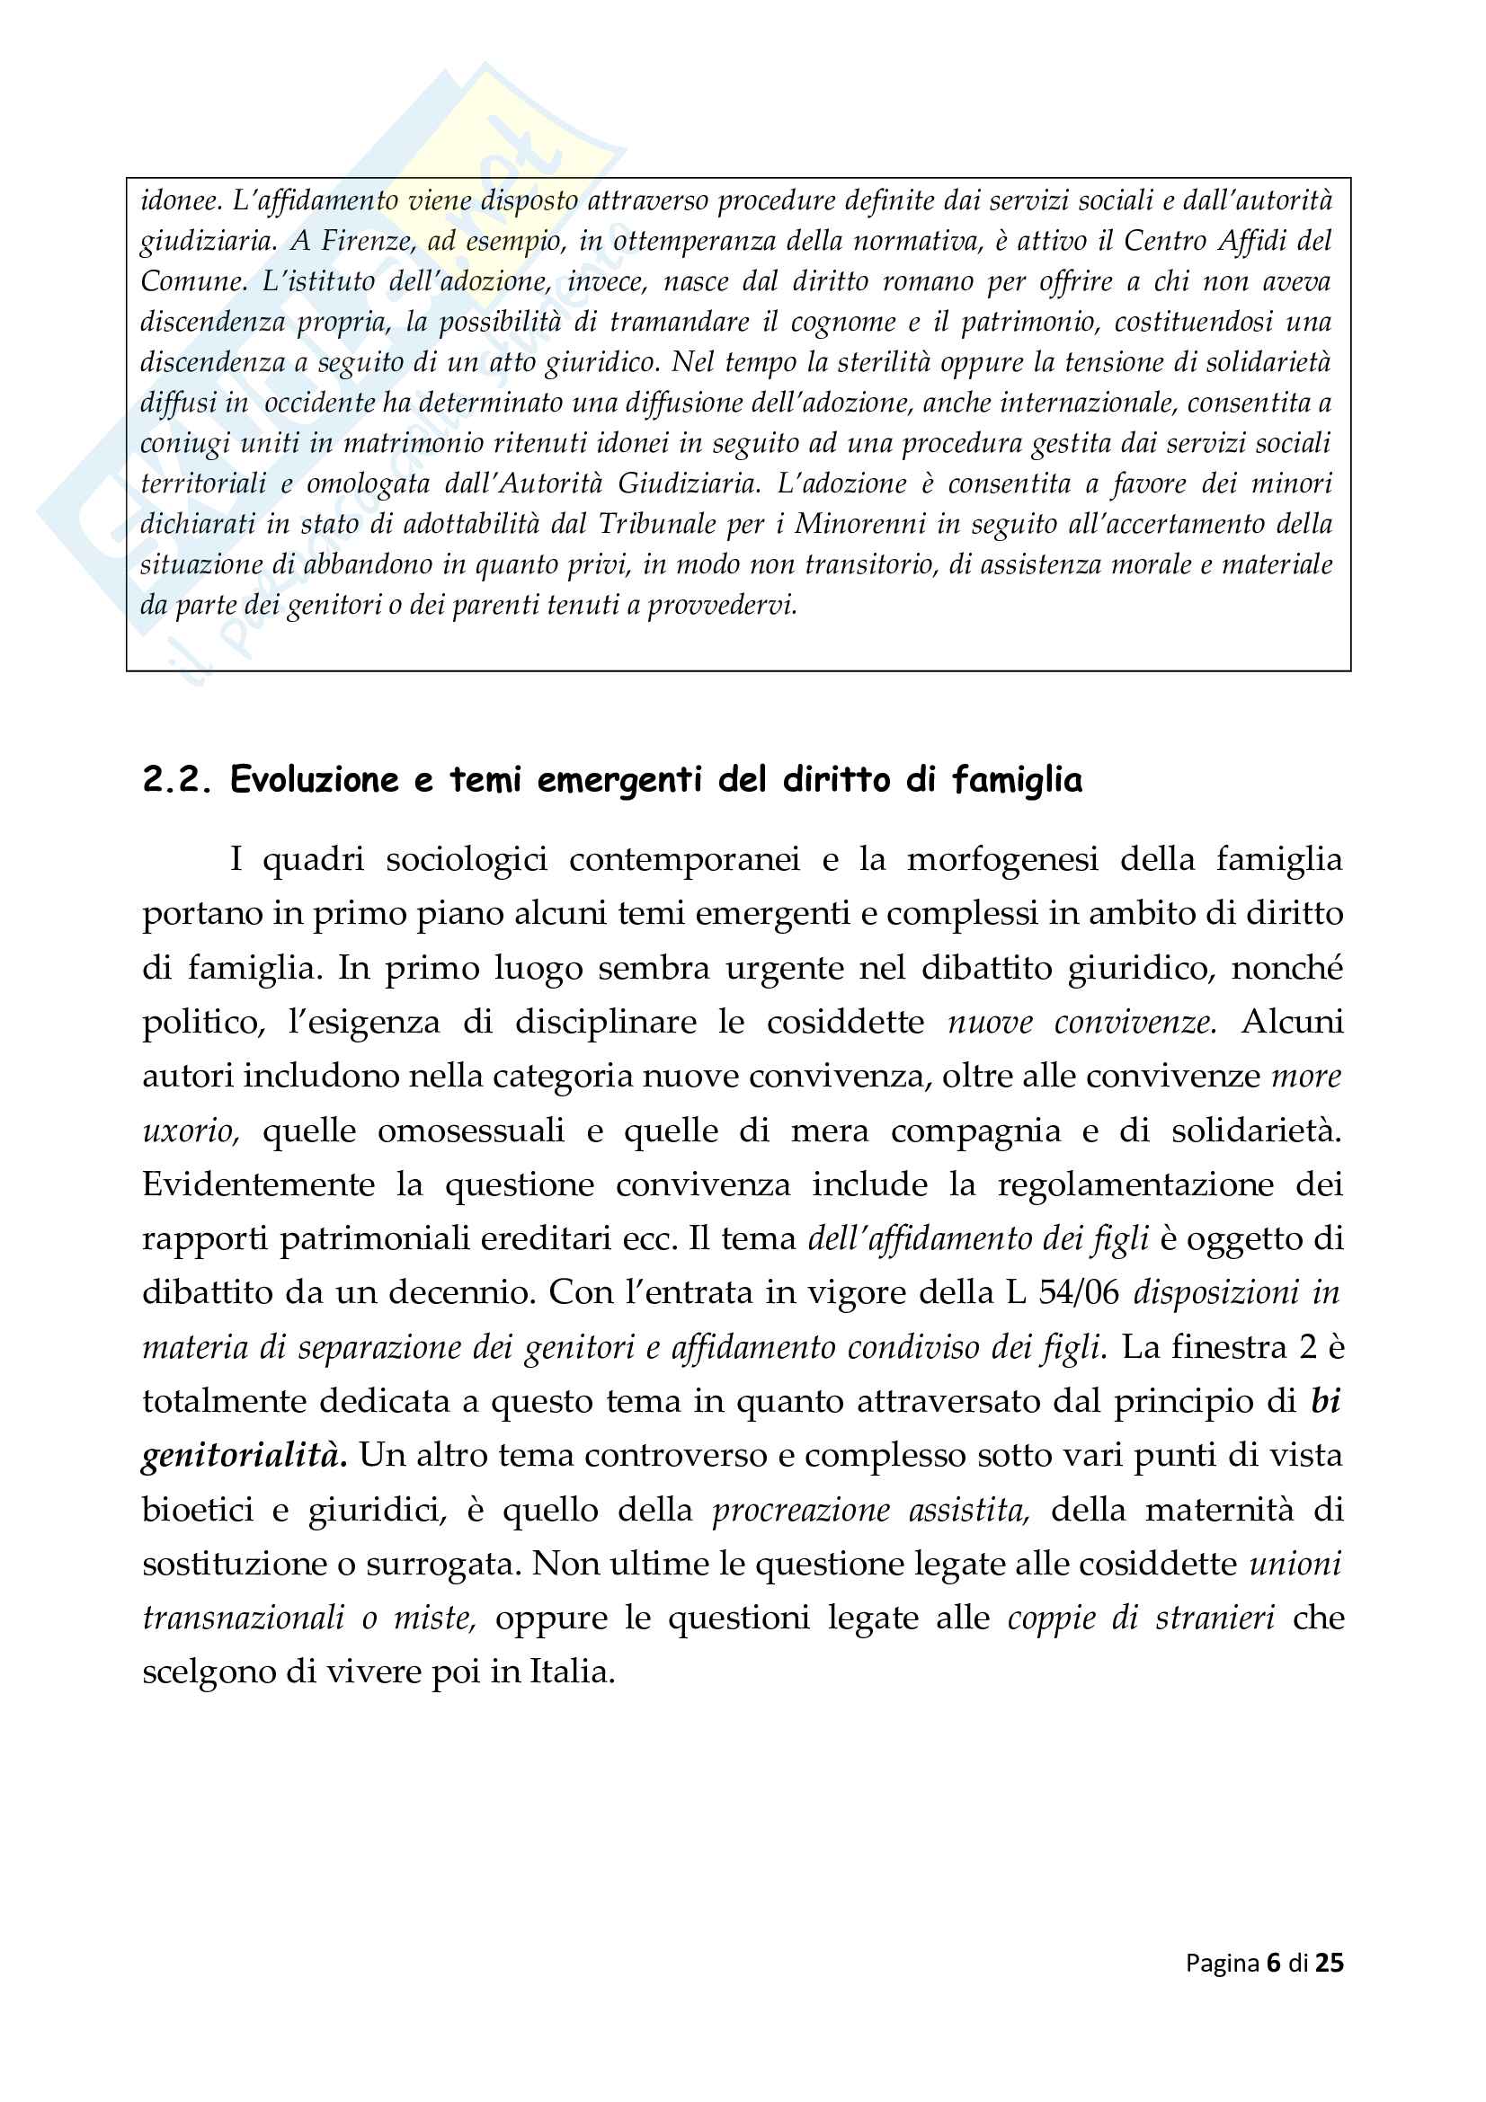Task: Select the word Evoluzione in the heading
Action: (x=316, y=780)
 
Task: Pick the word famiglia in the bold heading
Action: (x=1018, y=780)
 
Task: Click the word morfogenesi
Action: (x=1002, y=859)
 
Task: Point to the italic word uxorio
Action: (x=191, y=1131)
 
